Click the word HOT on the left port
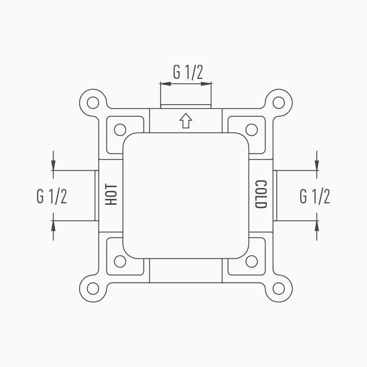point(111,195)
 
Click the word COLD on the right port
point(261,194)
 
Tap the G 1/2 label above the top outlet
point(188,72)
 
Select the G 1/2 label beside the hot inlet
point(52,196)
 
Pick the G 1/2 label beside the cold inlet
point(315,196)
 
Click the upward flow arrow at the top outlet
point(186,120)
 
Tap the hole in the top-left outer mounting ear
point(93,102)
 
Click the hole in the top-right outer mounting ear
point(279,102)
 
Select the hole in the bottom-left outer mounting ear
point(93,288)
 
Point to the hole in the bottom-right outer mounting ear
point(279,288)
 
